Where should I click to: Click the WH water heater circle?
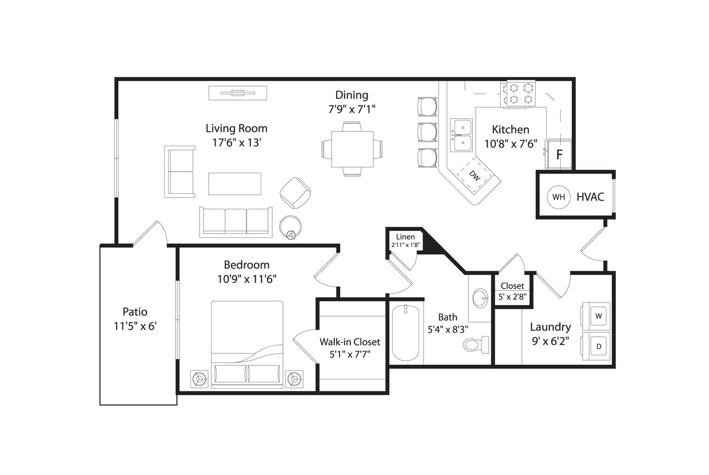(x=559, y=197)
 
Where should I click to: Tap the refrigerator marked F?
(x=559, y=154)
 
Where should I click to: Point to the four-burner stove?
(x=520, y=94)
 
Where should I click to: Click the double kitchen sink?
(x=461, y=135)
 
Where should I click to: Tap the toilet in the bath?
(x=476, y=345)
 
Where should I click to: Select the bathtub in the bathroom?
(x=406, y=333)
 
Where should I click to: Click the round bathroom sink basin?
(x=480, y=298)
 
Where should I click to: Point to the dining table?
(x=352, y=149)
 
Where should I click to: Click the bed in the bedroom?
(x=247, y=343)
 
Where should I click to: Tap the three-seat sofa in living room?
(x=236, y=222)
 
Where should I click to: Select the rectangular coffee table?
(x=234, y=183)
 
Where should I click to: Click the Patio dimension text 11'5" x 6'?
(x=135, y=326)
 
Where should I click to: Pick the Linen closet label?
(x=405, y=237)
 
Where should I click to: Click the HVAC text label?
(x=590, y=197)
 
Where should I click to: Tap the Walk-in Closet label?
(x=349, y=342)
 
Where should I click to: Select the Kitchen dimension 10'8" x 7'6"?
(x=511, y=143)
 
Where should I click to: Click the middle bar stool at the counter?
(x=427, y=132)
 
